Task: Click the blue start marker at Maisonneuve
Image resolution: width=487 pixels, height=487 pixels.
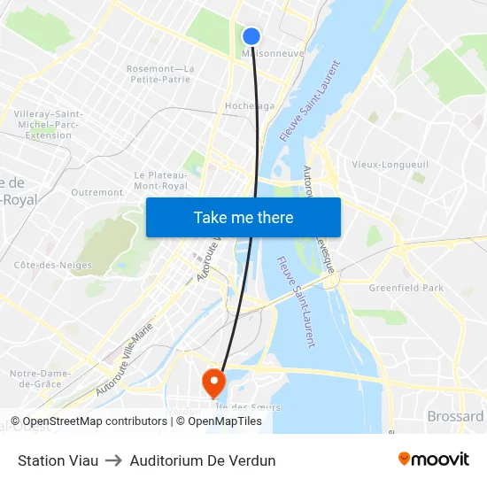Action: click(251, 36)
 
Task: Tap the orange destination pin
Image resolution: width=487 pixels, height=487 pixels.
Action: click(214, 382)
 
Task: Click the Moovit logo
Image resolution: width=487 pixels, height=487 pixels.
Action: click(433, 460)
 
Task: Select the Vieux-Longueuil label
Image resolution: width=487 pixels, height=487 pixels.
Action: click(390, 165)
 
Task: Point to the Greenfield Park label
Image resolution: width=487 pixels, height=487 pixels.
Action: click(406, 288)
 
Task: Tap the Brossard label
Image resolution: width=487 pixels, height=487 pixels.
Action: click(455, 416)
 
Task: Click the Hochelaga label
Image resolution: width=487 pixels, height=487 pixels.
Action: click(249, 105)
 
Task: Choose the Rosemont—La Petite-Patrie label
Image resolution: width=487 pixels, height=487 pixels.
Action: click(159, 73)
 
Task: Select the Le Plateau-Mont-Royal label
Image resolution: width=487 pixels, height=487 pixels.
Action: click(160, 181)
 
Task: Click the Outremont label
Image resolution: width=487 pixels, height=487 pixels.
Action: click(97, 192)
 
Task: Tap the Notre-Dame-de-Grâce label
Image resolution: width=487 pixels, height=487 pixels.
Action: click(35, 379)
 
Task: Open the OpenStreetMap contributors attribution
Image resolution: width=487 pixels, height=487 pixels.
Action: click(89, 421)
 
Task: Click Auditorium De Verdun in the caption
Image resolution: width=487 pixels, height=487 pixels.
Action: click(203, 460)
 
